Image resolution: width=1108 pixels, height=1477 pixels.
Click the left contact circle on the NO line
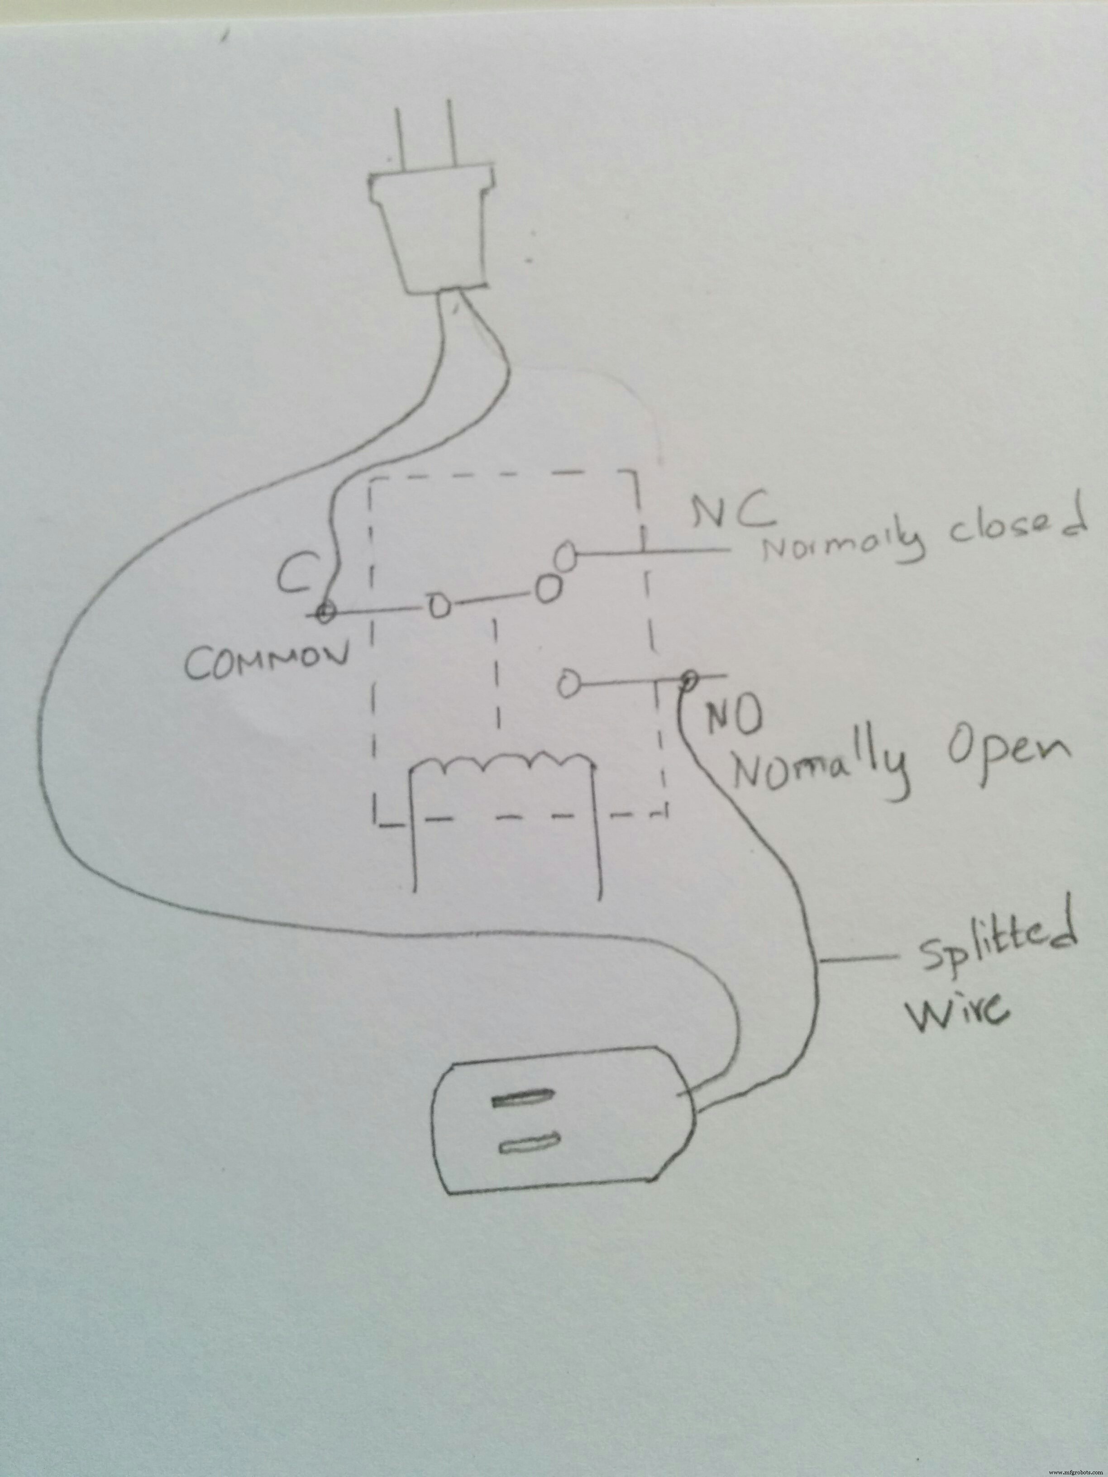(568, 684)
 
